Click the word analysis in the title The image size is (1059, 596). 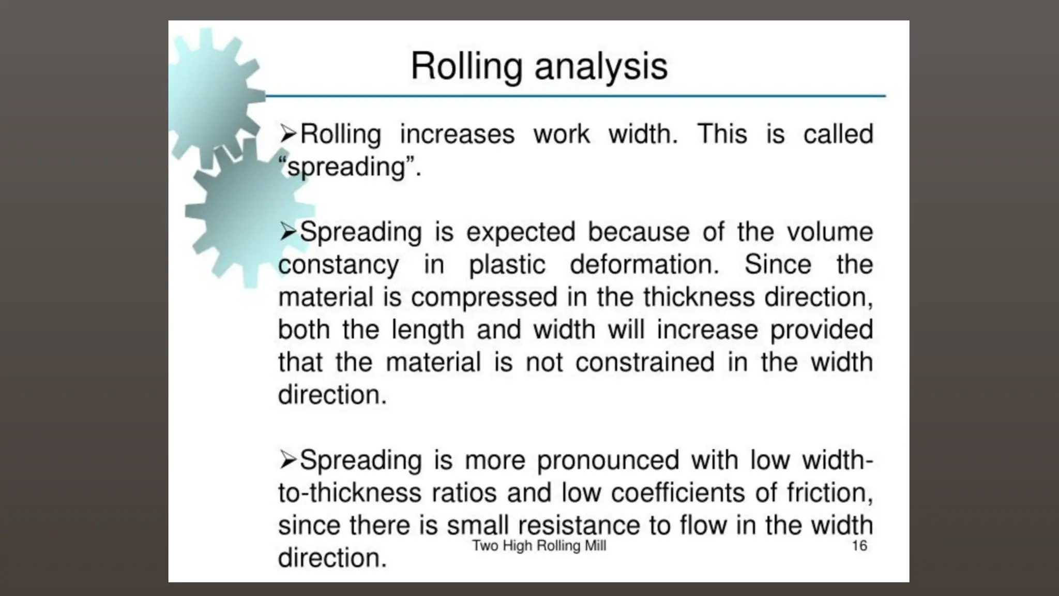pos(601,67)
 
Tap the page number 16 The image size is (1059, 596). pos(859,545)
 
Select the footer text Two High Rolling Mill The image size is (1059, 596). pos(539,545)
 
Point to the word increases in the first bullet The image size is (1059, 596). pos(457,135)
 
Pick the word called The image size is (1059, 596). pos(838,135)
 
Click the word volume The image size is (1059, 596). pos(829,232)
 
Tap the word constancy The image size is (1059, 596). pos(338,265)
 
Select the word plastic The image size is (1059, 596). pos(507,265)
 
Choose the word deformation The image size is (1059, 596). pos(644,264)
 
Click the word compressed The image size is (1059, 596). pos(484,298)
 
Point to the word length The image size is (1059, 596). pos(427,330)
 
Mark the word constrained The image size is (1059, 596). pos(645,362)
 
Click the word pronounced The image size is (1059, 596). pos(608,460)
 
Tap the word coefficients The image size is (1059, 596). pos(678,493)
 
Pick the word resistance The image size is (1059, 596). pos(579,526)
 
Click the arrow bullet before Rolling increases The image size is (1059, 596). pos(288,134)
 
